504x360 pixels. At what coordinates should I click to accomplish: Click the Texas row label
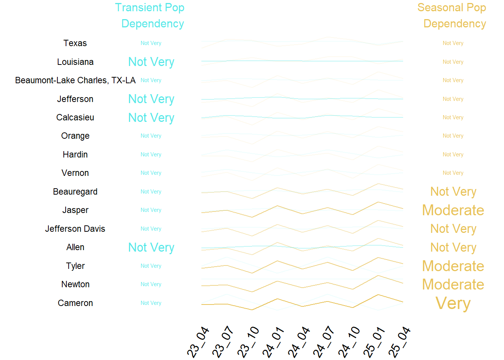coord(75,43)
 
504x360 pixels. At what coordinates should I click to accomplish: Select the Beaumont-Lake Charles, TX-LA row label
coord(75,80)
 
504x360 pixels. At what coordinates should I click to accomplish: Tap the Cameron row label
coord(75,303)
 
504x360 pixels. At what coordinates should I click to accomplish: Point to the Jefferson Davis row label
coord(75,229)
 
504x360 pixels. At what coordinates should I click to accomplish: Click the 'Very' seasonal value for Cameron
coord(453,303)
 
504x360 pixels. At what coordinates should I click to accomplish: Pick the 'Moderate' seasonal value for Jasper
coord(453,210)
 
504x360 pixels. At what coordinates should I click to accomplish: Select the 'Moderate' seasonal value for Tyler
coord(453,266)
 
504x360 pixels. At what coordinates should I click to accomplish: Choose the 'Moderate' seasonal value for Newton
coord(453,284)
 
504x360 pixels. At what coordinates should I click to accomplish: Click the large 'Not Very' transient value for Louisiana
coord(151,62)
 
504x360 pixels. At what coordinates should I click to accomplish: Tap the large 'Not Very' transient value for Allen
coord(151,247)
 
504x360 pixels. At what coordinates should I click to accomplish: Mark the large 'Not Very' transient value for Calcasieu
coord(151,118)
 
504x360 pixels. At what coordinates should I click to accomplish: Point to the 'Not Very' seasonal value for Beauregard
coord(453,192)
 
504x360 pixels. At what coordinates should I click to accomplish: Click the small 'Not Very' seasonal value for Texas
coord(453,43)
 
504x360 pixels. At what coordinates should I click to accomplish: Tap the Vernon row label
coord(75,173)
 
